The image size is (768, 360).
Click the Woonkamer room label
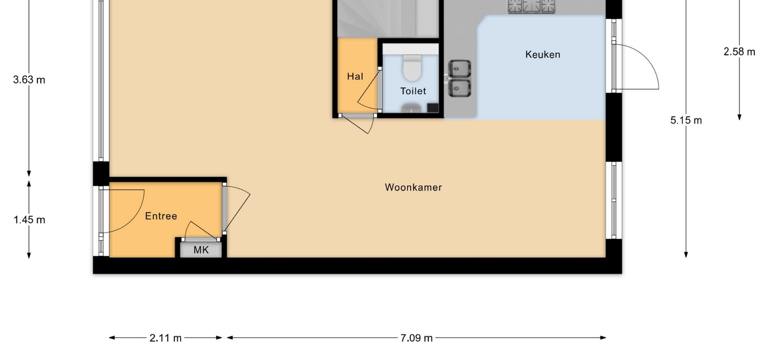point(413,187)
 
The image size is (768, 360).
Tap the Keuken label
point(542,54)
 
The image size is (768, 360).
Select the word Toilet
point(413,91)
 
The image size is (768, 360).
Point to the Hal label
point(355,76)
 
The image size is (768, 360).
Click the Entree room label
point(161,216)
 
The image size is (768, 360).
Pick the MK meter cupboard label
point(201,250)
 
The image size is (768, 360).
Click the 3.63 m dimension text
point(29,80)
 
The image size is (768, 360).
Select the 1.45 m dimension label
point(29,220)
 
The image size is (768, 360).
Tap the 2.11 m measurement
point(166,338)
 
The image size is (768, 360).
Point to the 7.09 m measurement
point(416,338)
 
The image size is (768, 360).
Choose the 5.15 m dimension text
point(686,120)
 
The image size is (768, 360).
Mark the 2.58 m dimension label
point(739,52)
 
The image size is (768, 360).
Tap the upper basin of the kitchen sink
point(460,69)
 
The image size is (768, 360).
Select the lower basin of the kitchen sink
point(460,88)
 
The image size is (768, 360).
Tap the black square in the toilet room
point(433,108)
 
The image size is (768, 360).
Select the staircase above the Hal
point(388,18)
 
